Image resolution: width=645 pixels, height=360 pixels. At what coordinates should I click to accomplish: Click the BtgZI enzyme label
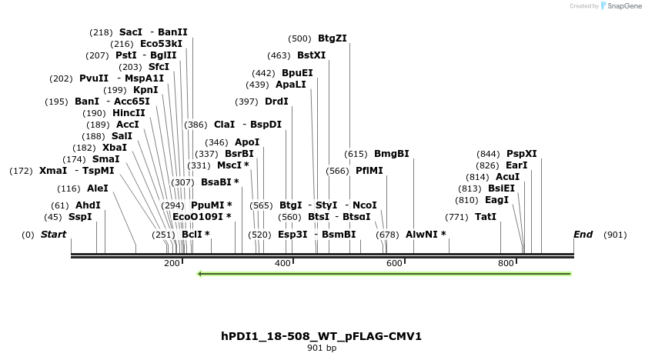[332, 38]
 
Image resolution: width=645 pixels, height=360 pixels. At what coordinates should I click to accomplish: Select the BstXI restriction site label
[311, 55]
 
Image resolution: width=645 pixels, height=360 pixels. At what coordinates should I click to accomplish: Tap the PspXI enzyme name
[521, 153]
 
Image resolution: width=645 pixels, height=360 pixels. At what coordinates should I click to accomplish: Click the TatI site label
[486, 217]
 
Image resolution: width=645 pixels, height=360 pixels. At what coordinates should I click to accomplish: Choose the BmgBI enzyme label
[391, 153]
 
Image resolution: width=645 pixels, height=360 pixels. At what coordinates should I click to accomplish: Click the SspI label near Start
[80, 217]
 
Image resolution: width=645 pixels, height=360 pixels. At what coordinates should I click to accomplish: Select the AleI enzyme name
[98, 188]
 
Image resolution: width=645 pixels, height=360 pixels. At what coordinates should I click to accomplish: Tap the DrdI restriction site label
[276, 102]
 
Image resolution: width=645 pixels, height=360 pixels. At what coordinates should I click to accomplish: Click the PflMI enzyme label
[369, 171]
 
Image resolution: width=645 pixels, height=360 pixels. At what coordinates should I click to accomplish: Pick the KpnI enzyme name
[145, 90]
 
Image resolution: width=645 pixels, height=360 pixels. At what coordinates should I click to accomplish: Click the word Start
[53, 234]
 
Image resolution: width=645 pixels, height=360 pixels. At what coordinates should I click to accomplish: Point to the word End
[583, 234]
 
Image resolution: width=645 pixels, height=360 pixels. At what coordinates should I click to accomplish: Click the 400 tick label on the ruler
[283, 264]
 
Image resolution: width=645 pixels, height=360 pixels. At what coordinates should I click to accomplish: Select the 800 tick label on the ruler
[506, 264]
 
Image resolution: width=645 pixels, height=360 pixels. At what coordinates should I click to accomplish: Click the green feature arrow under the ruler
[384, 273]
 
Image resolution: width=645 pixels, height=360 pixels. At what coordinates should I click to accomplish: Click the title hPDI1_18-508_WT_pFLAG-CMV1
[321, 336]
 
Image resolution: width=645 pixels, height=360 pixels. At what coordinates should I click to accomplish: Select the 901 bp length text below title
[321, 348]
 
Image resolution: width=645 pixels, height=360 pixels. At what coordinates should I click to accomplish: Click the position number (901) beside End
[615, 234]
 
